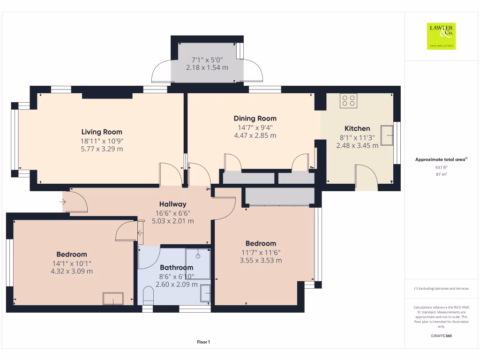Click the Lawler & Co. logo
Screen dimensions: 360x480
point(441,36)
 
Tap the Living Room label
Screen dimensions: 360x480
point(102,132)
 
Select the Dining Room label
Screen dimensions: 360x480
point(255,119)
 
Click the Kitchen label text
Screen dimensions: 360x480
point(357,128)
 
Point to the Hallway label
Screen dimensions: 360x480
point(172,204)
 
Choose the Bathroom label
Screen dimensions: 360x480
point(176,268)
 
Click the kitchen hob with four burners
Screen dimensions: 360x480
point(348,101)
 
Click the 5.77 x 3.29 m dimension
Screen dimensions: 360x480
point(102,149)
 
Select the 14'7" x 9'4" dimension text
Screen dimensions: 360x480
point(255,127)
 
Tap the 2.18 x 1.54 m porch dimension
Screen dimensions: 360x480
point(207,67)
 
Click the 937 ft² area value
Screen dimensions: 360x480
point(441,167)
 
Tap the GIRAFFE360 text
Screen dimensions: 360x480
point(441,336)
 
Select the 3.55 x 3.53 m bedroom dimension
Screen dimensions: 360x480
point(261,261)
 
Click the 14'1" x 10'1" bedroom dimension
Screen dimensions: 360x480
point(72,263)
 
